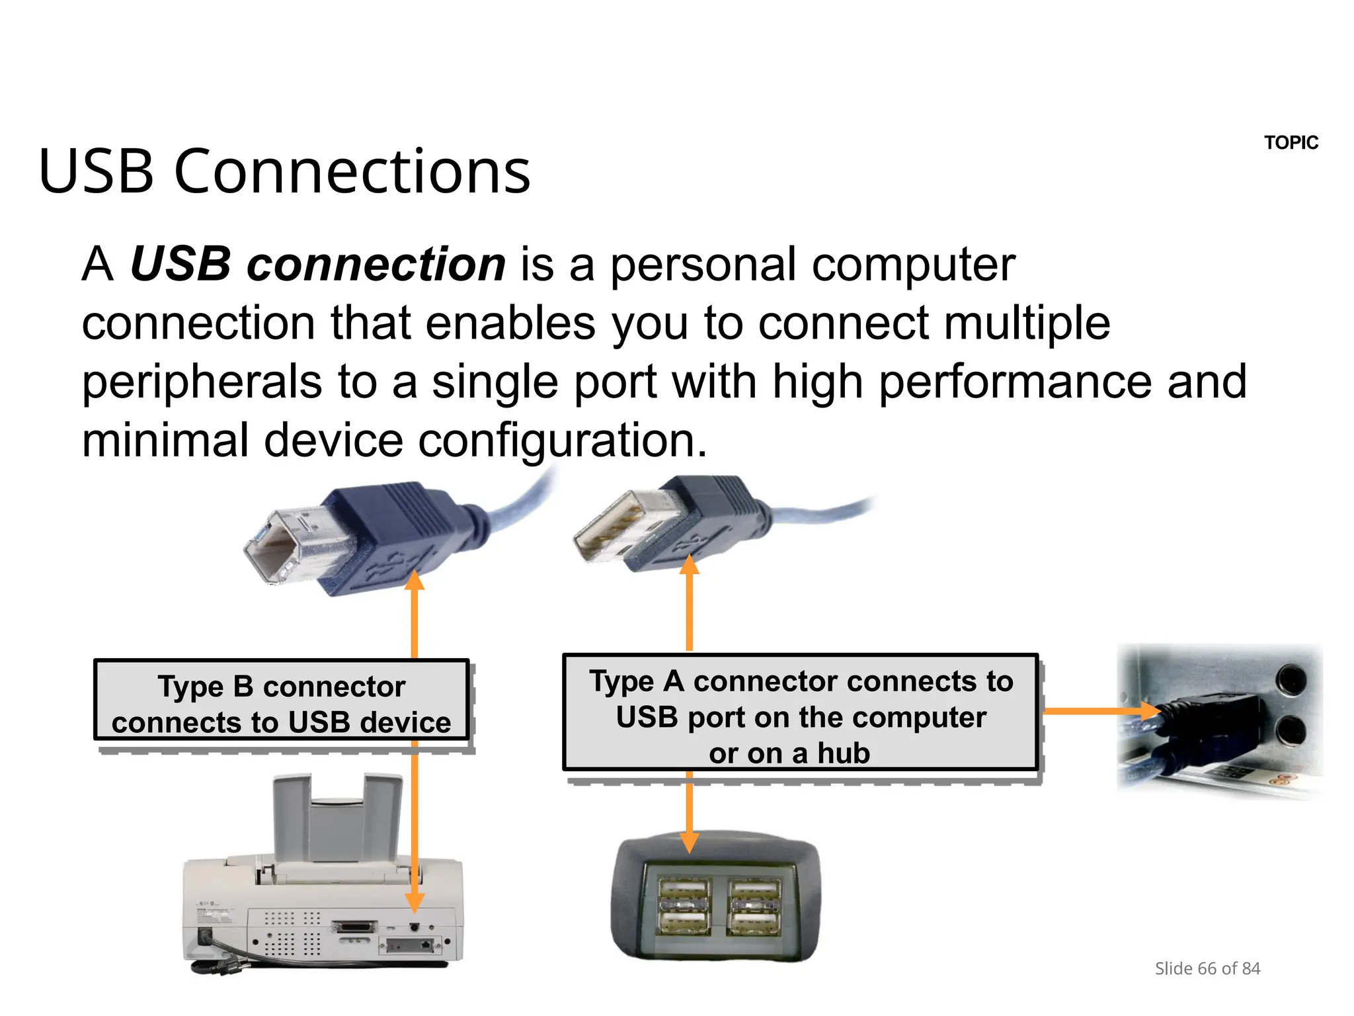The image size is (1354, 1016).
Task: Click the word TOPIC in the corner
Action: pyautogui.click(x=1291, y=143)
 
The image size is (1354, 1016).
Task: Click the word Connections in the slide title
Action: pyautogui.click(x=352, y=172)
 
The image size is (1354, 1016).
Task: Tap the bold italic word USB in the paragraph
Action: pyautogui.click(x=180, y=265)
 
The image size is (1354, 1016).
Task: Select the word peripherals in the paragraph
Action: pyautogui.click(x=202, y=384)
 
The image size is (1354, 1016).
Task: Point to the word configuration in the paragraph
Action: pyautogui.click(x=562, y=442)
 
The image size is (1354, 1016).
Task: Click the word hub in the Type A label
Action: pyautogui.click(x=843, y=753)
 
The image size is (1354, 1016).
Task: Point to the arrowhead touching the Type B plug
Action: pyautogui.click(x=415, y=580)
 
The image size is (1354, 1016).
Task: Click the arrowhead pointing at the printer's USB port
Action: pyautogui.click(x=415, y=902)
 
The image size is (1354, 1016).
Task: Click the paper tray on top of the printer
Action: pyautogui.click(x=338, y=820)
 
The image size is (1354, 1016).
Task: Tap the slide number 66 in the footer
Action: pyautogui.click(x=1207, y=969)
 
